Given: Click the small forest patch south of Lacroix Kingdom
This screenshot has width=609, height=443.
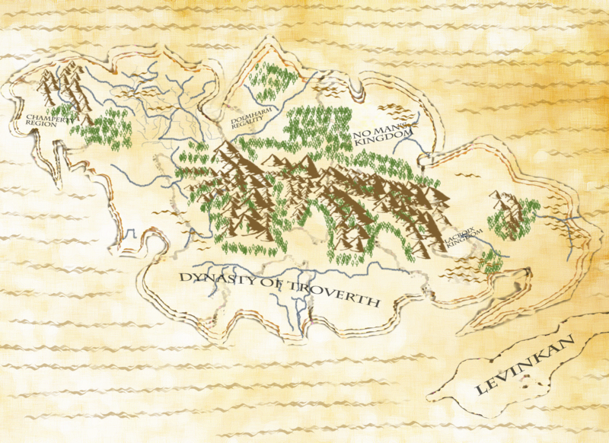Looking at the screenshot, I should click(x=491, y=263).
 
